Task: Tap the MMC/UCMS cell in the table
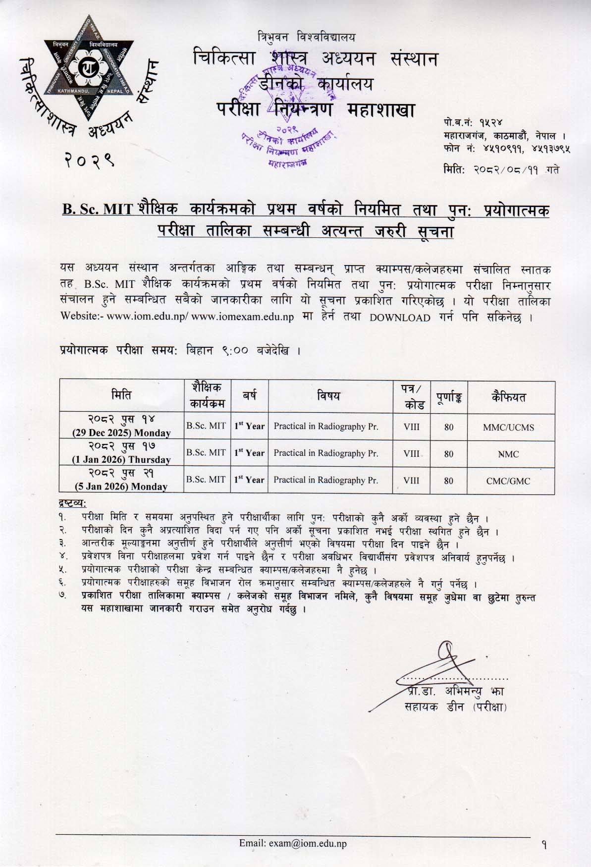tap(508, 427)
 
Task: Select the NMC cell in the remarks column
tap(508, 454)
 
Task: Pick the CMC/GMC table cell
tap(508, 481)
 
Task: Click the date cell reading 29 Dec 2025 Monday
tap(121, 427)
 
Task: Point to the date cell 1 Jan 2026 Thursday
tap(121, 453)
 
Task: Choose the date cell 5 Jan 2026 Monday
tap(121, 480)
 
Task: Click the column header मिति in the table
tap(121, 395)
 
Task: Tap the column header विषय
tap(328, 395)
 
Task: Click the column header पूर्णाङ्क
tap(449, 397)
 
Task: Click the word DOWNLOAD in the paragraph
tap(400, 318)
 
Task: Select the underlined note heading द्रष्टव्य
tap(73, 504)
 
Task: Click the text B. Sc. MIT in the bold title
tap(97, 210)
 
